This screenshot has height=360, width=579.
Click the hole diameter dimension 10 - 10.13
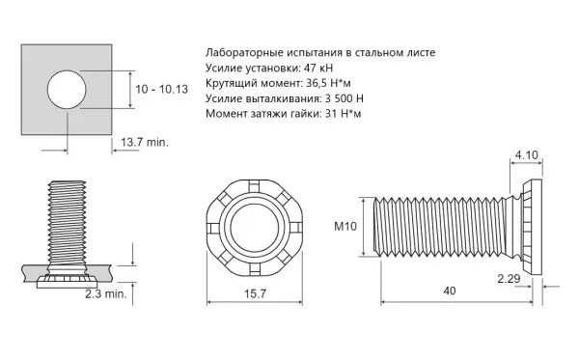coord(162,90)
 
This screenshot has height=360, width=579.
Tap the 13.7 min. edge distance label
coord(145,142)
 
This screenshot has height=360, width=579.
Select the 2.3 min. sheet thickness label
coord(106,294)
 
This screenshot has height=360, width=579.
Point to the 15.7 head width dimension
coord(255,293)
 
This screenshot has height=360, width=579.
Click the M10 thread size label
coord(345,226)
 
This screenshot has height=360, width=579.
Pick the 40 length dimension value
coord(450,291)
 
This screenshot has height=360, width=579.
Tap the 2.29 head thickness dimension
coord(509,278)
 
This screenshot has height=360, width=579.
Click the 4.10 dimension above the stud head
coord(527,154)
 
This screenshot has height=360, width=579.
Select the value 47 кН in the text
coord(318,69)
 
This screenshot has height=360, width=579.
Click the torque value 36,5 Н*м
coord(329,83)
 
